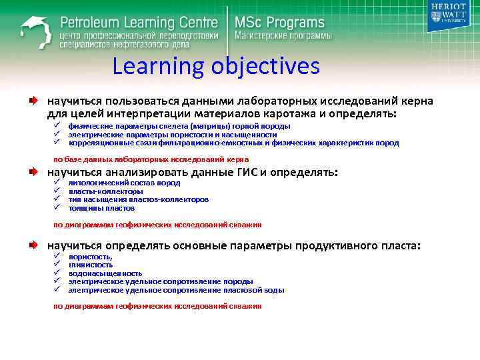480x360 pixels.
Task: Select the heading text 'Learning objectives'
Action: click(x=216, y=67)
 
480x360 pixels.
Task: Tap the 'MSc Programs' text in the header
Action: click(x=279, y=22)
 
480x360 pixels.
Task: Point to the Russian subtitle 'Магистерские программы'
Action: click(x=282, y=35)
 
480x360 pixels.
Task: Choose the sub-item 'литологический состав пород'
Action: click(x=124, y=183)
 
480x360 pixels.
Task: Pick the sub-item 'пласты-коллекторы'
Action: click(x=105, y=191)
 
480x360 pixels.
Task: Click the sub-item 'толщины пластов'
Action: click(x=101, y=208)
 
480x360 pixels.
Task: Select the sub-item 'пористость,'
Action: click(x=91, y=257)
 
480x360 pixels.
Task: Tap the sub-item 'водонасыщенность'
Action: click(x=105, y=273)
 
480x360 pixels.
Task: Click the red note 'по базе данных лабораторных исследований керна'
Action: click(x=151, y=159)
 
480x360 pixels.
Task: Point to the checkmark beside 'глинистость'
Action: click(x=57, y=265)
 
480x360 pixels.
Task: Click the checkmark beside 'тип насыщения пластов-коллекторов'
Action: click(x=57, y=199)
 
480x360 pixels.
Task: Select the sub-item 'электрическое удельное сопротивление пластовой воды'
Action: click(x=176, y=290)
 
